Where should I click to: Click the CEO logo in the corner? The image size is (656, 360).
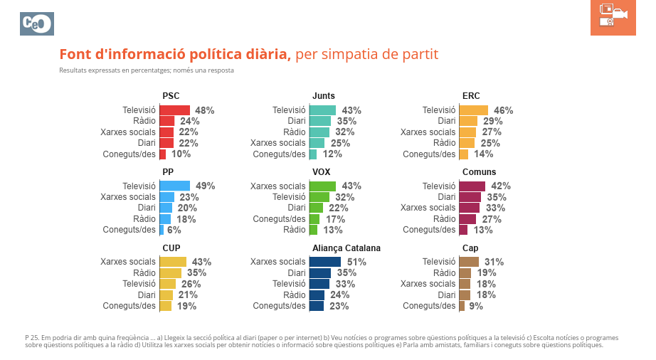37,23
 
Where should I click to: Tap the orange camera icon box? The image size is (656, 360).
613,18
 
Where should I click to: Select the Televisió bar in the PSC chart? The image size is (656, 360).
175,110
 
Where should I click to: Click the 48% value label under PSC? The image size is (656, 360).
205,110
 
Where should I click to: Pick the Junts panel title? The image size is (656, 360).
324,96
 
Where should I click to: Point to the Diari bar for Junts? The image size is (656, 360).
320,122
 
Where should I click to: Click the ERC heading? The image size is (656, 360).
471,96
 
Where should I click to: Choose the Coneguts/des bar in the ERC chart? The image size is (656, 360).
464,154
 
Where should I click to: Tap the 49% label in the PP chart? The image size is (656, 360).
205,186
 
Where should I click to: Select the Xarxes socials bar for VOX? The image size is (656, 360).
322,186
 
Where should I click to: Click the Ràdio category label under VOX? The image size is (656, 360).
294,230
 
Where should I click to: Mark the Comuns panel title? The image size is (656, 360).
480,172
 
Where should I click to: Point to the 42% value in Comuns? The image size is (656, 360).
501,186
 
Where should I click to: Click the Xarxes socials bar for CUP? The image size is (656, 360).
173,262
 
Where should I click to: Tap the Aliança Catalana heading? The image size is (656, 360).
346,248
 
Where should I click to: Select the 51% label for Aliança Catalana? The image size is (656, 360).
356,262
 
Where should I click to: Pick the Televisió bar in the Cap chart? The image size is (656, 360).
469,262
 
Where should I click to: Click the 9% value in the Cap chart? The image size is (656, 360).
476,306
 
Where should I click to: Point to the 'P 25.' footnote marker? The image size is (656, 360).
32,337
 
